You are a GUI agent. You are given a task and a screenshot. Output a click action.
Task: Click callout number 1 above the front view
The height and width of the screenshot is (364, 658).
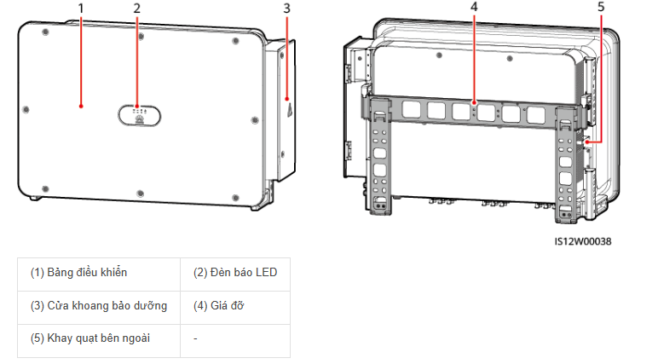[x=81, y=9]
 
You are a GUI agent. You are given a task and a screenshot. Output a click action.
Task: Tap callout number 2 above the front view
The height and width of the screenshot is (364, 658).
[x=137, y=9]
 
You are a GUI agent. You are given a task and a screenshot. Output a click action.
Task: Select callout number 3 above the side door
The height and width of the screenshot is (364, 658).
[x=286, y=9]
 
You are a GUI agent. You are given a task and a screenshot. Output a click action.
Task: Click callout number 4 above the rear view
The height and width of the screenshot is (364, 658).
[x=474, y=7]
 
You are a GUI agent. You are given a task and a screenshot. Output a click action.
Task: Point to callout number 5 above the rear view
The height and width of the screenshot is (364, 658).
[x=601, y=7]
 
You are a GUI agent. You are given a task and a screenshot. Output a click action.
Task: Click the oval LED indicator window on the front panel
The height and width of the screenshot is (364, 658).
[x=139, y=115]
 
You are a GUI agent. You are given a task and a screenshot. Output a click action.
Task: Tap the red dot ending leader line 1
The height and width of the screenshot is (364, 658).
[x=81, y=107]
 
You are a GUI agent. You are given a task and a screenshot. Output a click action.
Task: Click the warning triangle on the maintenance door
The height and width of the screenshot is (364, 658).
[x=290, y=111]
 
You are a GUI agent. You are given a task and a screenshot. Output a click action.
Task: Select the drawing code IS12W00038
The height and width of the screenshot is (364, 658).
[x=583, y=241]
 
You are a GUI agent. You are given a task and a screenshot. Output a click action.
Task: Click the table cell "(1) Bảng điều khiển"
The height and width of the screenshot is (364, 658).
[x=99, y=274]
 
